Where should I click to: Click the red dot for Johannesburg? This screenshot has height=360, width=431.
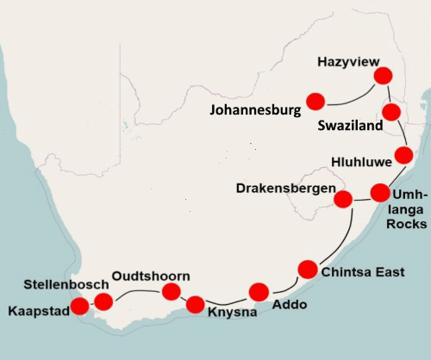pos(315,101)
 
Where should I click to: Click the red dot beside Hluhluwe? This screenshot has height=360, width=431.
pos(403,156)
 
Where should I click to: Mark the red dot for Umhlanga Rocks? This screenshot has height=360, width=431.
pos(380,192)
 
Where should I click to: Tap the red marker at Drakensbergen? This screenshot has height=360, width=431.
pos(342,200)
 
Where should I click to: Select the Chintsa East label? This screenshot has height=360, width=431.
pos(361,273)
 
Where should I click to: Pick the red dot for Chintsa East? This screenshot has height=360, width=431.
pos(307,269)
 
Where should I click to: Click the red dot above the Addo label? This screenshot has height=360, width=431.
pos(259,290)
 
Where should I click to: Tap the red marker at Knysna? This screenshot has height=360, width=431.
pos(195,303)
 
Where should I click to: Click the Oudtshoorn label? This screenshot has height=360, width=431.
pos(144,276)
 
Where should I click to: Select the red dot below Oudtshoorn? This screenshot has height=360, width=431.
pos(170,292)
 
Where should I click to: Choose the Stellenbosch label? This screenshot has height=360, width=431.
pos(66,284)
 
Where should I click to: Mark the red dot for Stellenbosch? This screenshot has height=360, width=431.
pos(103,301)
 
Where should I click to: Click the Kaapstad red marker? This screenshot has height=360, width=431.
pos(78,306)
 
